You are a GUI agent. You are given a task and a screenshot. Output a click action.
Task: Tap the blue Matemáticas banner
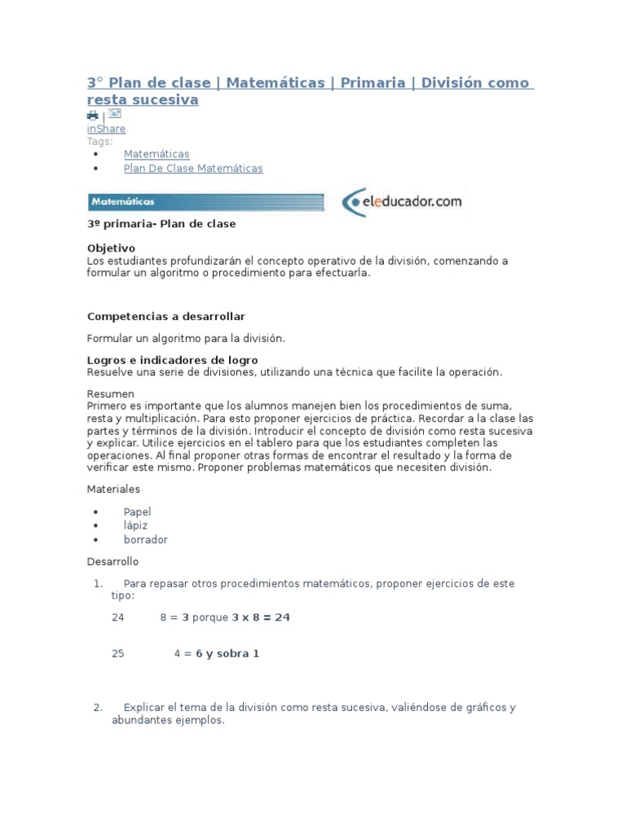(x=205, y=201)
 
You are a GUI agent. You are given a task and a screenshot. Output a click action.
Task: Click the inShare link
(x=106, y=129)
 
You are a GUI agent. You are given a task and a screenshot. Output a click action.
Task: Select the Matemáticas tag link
(x=156, y=154)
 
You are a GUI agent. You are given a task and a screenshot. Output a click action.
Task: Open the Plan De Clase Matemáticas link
(x=193, y=169)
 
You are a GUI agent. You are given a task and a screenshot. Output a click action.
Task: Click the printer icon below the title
(x=92, y=116)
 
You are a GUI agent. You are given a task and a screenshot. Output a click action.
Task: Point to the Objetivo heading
(x=111, y=248)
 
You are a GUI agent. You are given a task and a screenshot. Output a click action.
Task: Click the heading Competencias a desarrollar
(x=165, y=316)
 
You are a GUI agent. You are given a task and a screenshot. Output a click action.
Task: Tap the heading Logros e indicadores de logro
(x=172, y=360)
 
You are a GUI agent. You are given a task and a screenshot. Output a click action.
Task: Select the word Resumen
(x=110, y=393)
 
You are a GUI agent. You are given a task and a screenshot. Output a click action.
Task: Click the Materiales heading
(x=113, y=489)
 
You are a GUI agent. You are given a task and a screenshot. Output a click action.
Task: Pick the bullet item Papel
(x=137, y=511)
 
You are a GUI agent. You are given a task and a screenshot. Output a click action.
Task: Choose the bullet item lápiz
(x=135, y=525)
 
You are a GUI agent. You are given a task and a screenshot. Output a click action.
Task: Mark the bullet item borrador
(x=145, y=539)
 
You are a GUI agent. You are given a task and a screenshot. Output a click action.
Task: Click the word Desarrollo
(x=112, y=562)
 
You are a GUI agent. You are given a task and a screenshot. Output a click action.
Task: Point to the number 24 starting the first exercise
(x=118, y=617)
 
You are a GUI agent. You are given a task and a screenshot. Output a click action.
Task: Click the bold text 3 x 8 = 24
(x=261, y=617)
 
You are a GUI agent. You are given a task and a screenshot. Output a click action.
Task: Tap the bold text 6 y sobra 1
(x=227, y=653)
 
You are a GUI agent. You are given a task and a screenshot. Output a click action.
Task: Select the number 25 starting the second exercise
(x=118, y=653)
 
